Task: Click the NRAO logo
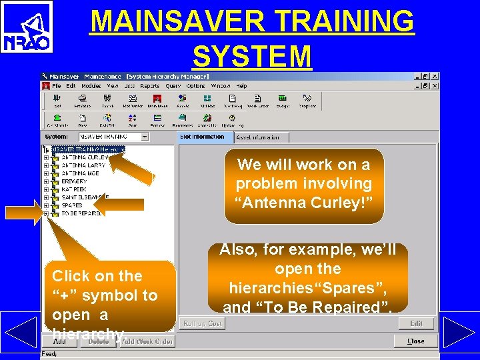pyautogui.click(x=27, y=27)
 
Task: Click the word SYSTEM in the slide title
pyautogui.click(x=252, y=56)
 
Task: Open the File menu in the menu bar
pyautogui.click(x=57, y=86)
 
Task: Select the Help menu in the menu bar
pyautogui.click(x=241, y=86)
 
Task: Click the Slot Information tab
pyautogui.click(x=203, y=137)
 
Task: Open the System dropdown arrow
pyautogui.click(x=145, y=137)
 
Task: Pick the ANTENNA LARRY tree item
pyautogui.click(x=83, y=165)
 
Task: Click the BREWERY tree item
pyautogui.click(x=74, y=181)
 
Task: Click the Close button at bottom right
pyautogui.click(x=416, y=341)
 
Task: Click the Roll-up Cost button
pyautogui.click(x=203, y=323)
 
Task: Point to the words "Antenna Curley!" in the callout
pyautogui.click(x=303, y=203)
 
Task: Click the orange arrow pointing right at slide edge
pyautogui.click(x=23, y=212)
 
